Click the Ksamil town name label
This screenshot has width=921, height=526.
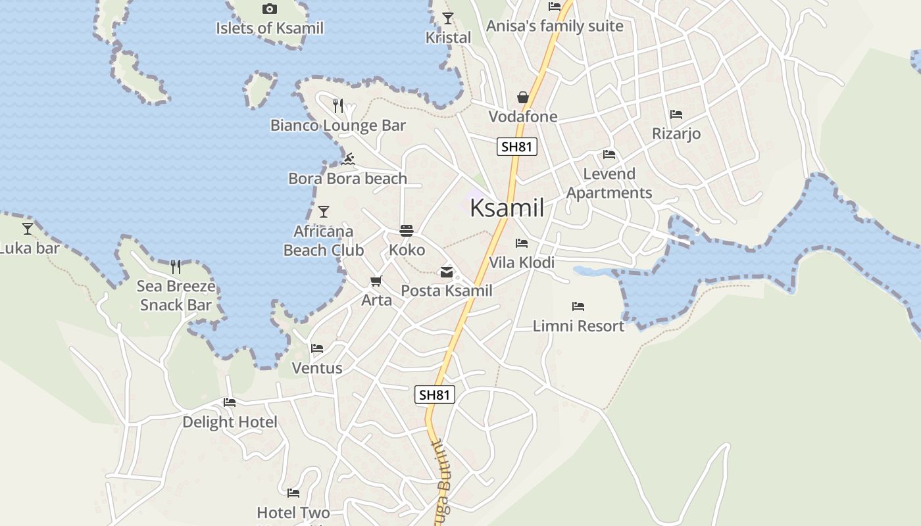tap(507, 208)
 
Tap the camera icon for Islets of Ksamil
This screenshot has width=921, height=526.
tap(269, 9)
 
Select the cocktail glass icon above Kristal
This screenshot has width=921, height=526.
tap(448, 18)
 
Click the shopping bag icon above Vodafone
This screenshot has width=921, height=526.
tap(523, 97)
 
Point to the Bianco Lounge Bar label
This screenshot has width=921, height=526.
tap(338, 125)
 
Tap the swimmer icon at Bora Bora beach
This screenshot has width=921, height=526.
tap(349, 159)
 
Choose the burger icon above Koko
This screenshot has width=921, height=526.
tap(407, 231)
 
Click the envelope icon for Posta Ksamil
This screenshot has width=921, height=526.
tap(447, 272)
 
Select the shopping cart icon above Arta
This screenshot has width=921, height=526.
tap(376, 281)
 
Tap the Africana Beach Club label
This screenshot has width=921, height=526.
tap(323, 241)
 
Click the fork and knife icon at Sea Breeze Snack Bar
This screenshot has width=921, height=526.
tap(176, 266)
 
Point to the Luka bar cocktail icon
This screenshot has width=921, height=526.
tap(28, 228)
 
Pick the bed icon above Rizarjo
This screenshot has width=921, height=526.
tap(676, 114)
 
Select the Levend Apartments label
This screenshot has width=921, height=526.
tap(609, 183)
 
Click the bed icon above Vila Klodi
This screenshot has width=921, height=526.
tap(522, 243)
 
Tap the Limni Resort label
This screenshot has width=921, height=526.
tap(578, 325)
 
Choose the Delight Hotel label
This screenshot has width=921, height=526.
tap(230, 421)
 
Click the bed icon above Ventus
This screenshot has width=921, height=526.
tap(317, 348)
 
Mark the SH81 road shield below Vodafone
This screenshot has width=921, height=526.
tap(516, 147)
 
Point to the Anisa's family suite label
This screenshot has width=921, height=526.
tap(554, 26)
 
